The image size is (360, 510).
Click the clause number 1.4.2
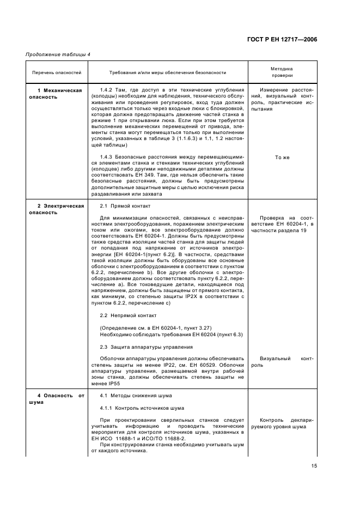pos(107,89)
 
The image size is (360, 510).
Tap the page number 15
pos(314,466)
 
